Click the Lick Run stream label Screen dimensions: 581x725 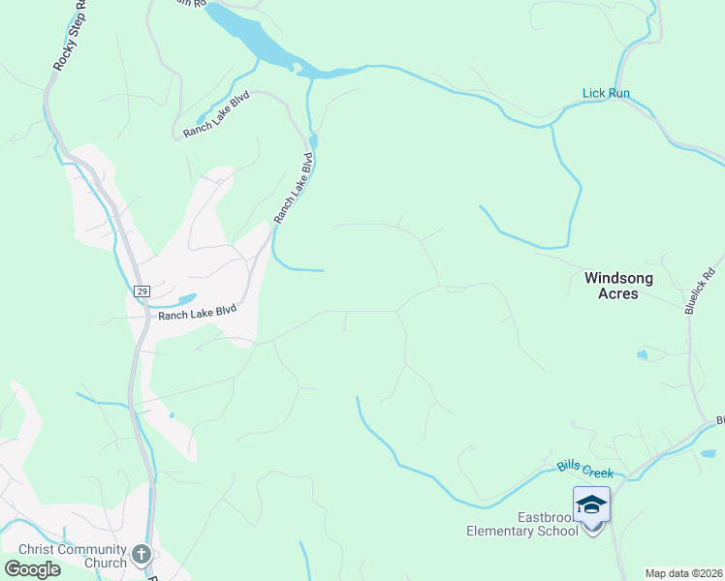click(607, 93)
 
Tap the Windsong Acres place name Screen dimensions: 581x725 click(618, 285)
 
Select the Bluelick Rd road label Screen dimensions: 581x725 click(699, 290)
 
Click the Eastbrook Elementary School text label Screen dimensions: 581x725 click(522, 523)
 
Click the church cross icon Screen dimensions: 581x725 click(142, 555)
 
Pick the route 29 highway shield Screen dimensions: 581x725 click(142, 290)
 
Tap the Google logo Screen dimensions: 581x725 click(32, 569)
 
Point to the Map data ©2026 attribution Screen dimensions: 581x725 click(683, 573)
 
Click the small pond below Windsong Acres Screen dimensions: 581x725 click(642, 355)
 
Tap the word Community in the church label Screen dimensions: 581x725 click(81, 549)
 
